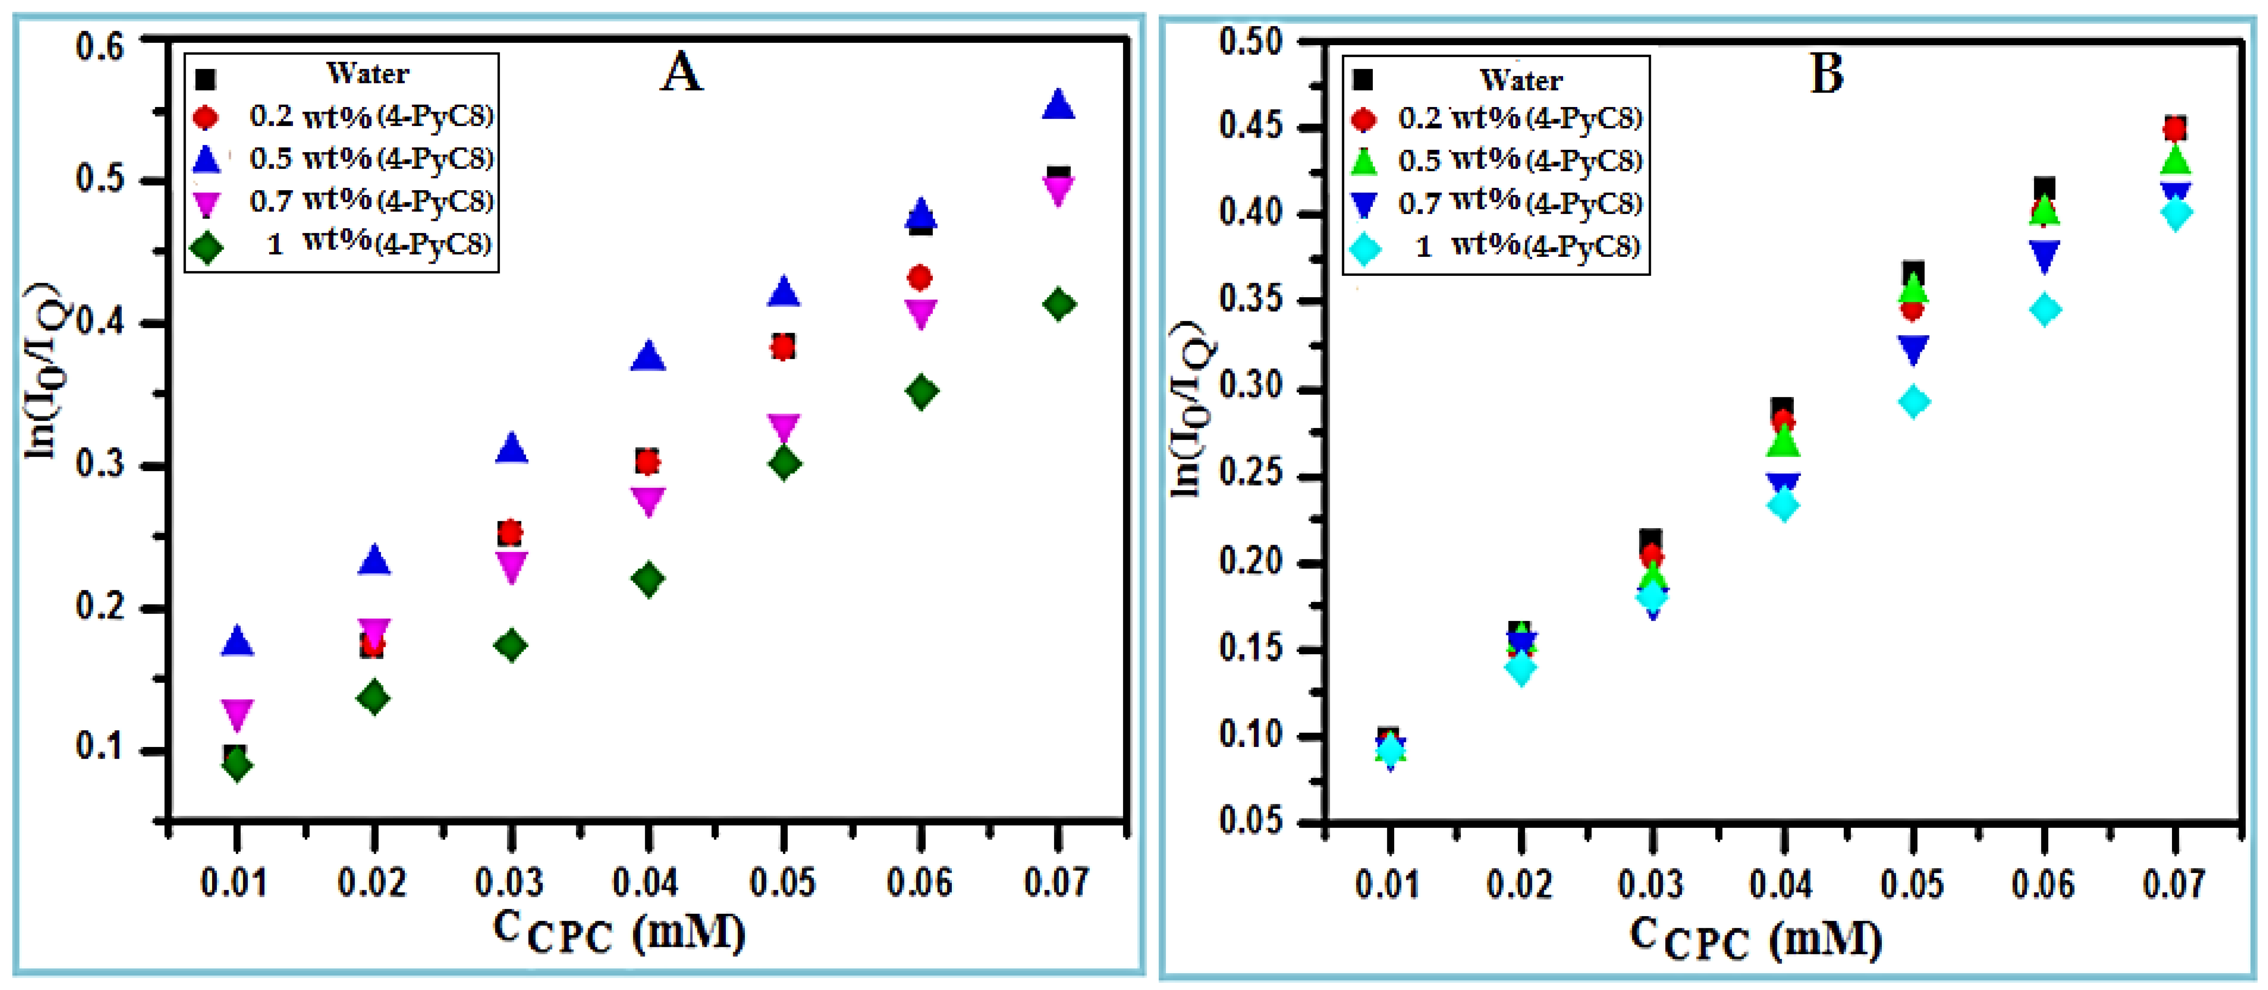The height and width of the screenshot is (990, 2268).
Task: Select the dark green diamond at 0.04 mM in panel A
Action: (x=648, y=579)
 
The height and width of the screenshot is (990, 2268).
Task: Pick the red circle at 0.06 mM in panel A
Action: (x=920, y=278)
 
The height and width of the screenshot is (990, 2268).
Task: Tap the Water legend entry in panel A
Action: (x=367, y=74)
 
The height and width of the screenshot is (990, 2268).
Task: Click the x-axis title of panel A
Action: (x=618, y=933)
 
